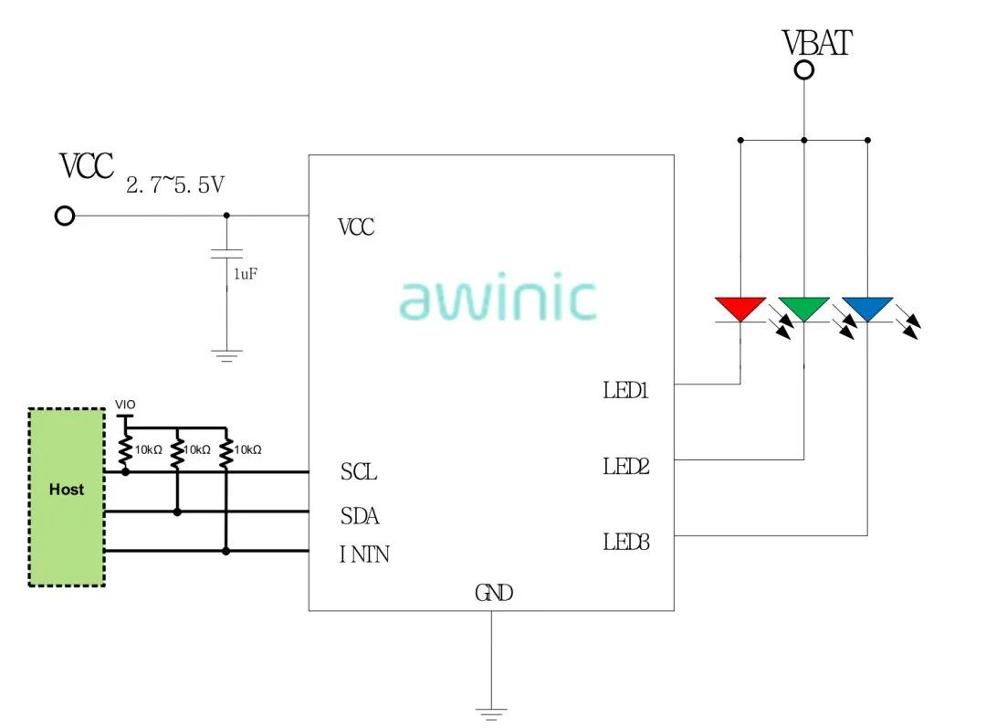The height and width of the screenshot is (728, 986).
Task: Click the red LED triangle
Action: [x=740, y=308]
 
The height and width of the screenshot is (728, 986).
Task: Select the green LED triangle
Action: [x=803, y=308]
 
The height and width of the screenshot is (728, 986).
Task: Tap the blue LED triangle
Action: [x=866, y=308]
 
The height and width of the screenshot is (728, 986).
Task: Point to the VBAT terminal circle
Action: [x=803, y=70]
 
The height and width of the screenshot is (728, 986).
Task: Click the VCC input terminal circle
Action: [x=65, y=216]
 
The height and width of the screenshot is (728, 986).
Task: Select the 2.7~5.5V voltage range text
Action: [x=174, y=185]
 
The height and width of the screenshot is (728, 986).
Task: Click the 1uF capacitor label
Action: [x=246, y=273]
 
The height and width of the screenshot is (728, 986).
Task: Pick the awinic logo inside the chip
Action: [x=498, y=300]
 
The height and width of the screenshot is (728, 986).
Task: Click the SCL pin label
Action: [x=359, y=473]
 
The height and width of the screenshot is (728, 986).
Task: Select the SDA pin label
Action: [x=360, y=516]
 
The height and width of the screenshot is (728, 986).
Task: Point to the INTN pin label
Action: [x=364, y=554]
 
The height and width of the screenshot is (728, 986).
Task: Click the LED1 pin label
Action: [x=625, y=391]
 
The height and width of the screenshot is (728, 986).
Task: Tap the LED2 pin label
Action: [x=626, y=467]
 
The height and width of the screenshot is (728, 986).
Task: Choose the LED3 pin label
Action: [x=626, y=542]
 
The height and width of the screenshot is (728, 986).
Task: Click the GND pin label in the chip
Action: [x=494, y=593]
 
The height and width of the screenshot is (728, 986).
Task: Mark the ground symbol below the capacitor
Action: [x=226, y=353]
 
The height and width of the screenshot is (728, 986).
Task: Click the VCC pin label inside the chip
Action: [x=356, y=227]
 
